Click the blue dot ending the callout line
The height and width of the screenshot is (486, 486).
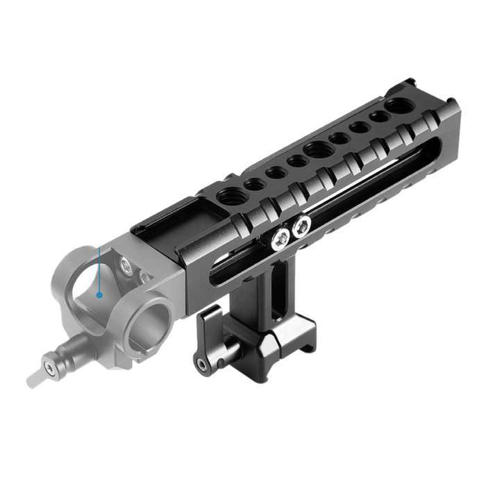coord(99,294)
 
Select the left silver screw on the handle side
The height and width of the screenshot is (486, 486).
coord(280,240)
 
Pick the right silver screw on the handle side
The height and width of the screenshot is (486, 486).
coord(301,226)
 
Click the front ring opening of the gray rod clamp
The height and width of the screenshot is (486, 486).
coord(149,319)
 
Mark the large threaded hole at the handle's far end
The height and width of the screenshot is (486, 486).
coord(398,106)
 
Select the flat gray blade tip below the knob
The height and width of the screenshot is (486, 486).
coord(35,379)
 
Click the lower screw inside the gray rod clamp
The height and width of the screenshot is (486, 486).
coord(146,278)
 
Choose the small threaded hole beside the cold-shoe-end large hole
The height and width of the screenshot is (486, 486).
coord(255,184)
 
